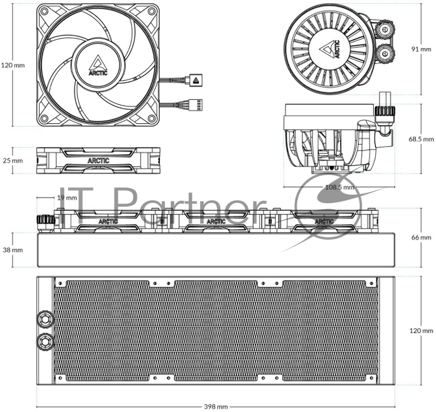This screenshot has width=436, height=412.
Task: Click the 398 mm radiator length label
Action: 216,407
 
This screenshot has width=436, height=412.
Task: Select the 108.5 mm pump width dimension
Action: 340,187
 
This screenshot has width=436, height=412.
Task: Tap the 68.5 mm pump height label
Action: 421,139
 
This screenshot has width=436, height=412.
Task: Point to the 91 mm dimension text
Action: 421,49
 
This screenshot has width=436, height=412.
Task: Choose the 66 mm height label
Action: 421,237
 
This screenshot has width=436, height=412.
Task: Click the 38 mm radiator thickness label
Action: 13,250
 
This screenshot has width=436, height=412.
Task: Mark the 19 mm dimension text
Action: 67,198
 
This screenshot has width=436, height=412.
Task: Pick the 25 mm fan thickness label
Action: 13,160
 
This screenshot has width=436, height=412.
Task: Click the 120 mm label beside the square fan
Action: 13,65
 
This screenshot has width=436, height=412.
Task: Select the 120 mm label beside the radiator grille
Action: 421,331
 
